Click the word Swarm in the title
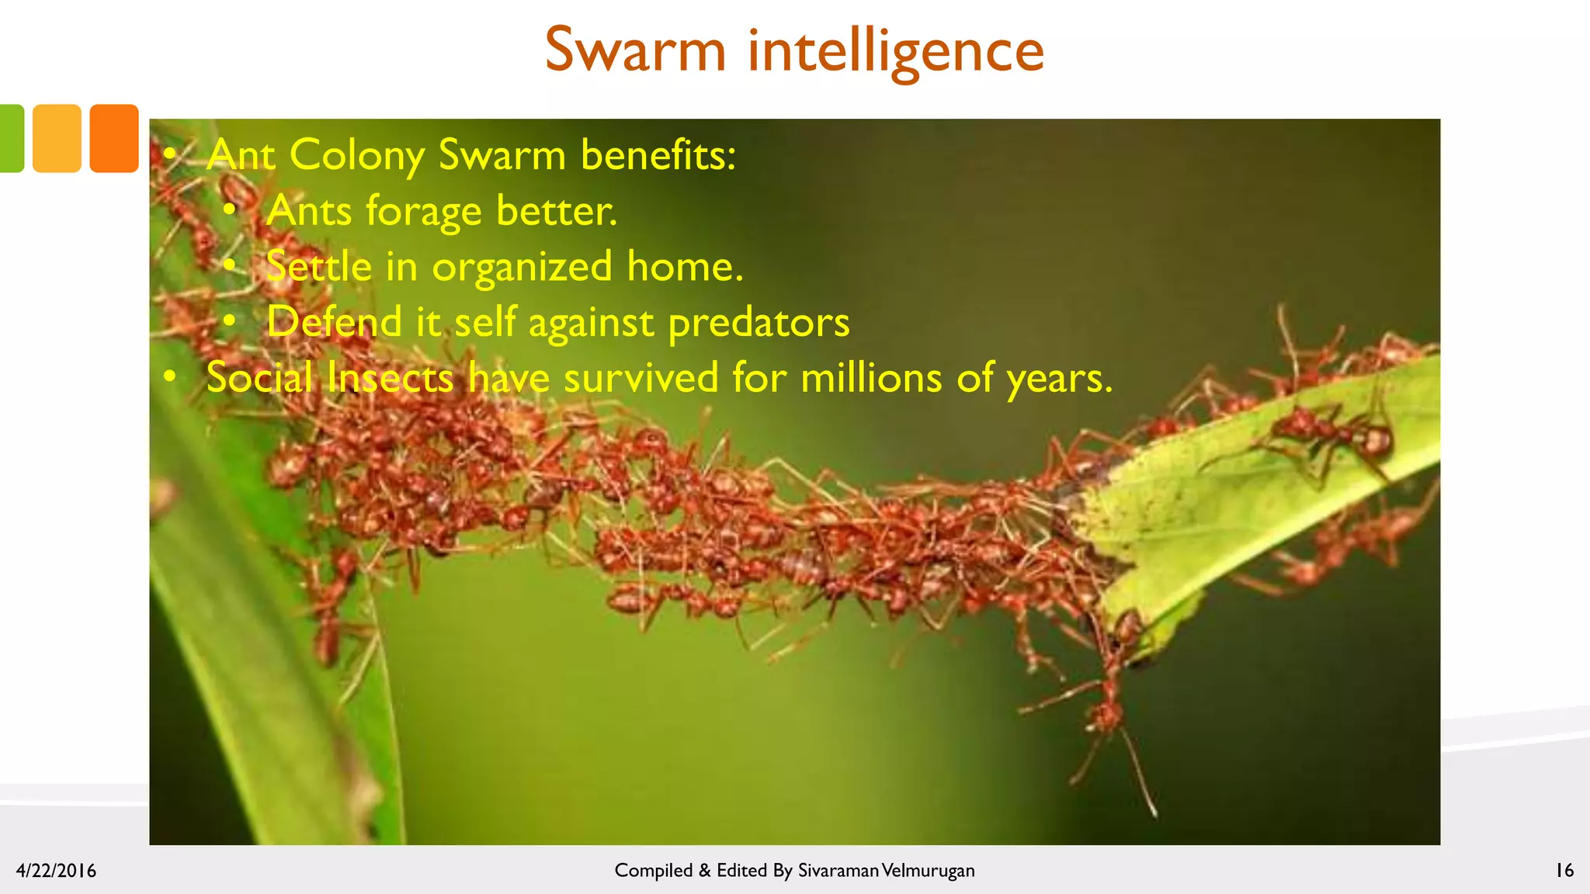(x=635, y=50)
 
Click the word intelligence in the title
(x=896, y=50)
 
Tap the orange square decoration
(x=114, y=138)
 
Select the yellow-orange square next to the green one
(x=57, y=138)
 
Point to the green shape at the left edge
(x=11, y=138)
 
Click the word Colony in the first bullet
(x=356, y=154)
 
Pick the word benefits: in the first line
(x=658, y=154)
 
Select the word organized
(x=522, y=267)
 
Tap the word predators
(x=759, y=323)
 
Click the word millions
(x=871, y=378)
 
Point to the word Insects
(x=390, y=378)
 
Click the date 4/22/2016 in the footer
(x=56, y=871)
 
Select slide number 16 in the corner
(x=1564, y=871)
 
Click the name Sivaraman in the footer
(x=838, y=871)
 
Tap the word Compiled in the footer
(x=653, y=871)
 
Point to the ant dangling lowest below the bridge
(x=1106, y=714)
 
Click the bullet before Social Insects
(x=170, y=378)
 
